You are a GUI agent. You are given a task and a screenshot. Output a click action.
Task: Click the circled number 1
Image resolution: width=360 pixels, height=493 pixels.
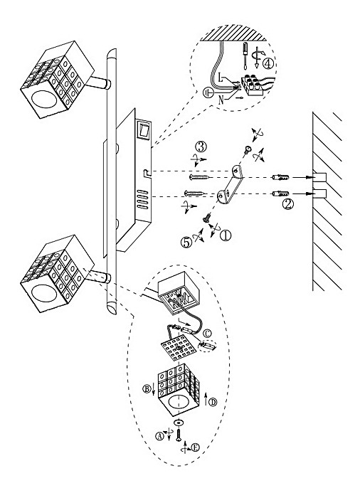coord(226,235)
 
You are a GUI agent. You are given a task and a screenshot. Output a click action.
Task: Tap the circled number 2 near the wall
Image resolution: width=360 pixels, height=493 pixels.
coord(288,204)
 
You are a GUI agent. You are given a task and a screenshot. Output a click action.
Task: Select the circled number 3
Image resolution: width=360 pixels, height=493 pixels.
coord(201,147)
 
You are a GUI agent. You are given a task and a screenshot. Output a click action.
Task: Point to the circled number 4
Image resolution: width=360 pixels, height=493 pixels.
coord(268,63)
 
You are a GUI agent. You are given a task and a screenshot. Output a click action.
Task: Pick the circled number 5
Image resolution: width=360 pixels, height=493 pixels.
coord(186,242)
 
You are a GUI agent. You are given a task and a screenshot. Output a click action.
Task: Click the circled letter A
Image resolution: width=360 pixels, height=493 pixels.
coord(159,436)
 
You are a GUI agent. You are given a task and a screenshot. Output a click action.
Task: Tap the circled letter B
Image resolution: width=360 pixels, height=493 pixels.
coord(147,389)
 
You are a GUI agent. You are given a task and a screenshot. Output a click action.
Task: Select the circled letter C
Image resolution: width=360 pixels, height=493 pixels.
coord(207,333)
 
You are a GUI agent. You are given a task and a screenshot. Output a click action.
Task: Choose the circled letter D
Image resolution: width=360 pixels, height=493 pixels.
coord(213,402)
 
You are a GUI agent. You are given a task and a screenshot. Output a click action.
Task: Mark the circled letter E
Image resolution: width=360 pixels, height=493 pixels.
coord(195,447)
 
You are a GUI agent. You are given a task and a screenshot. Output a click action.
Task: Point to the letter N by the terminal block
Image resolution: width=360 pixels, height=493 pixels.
coord(221,100)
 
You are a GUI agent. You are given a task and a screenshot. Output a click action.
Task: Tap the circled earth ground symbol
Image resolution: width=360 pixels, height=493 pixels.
coord(208,92)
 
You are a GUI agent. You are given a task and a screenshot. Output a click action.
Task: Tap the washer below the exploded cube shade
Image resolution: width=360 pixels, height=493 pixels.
coord(179,422)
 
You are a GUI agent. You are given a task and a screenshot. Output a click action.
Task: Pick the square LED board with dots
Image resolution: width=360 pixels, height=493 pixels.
coord(176,348)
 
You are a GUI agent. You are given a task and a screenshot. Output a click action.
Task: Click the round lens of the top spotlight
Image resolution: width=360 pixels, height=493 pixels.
coord(43,100)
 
